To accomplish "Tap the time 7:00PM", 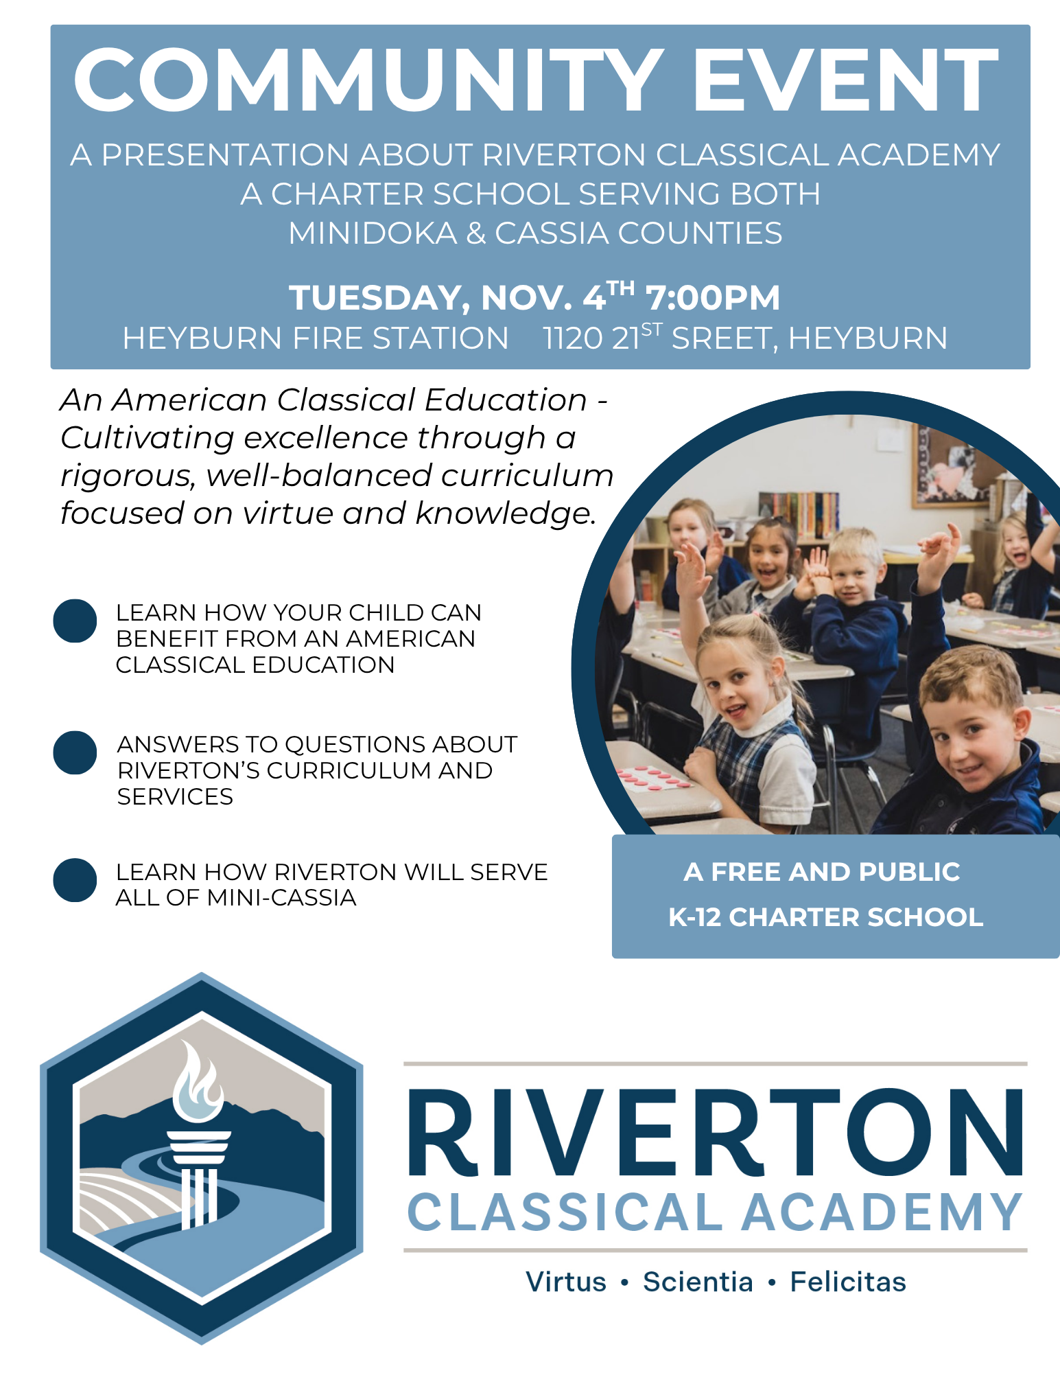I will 713,298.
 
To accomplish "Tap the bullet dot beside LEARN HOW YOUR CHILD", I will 75,621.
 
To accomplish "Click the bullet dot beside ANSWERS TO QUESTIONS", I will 75,752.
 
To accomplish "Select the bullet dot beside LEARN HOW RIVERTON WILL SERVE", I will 75,879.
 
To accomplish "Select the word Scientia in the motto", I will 698,1282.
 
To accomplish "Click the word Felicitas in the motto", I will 848,1282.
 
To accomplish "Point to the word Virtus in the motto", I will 566,1282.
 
